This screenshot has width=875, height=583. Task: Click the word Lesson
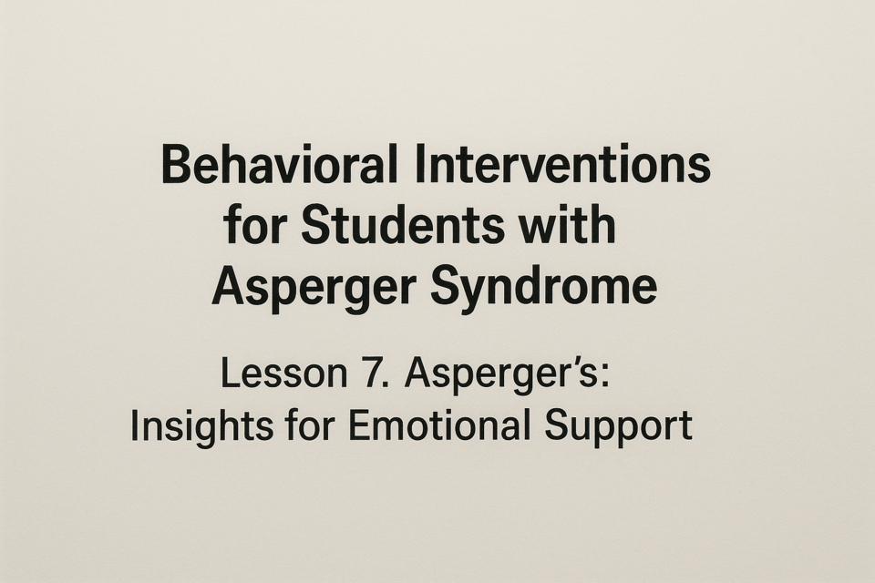pyautogui.click(x=284, y=373)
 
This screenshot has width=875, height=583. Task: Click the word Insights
pyautogui.click(x=201, y=427)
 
